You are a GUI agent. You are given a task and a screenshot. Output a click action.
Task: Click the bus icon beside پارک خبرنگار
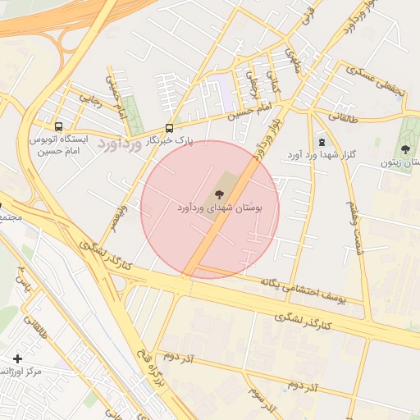170,128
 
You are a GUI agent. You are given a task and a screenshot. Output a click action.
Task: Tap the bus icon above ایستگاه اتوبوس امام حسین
57,127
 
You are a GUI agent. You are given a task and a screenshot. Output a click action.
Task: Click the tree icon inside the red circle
219,194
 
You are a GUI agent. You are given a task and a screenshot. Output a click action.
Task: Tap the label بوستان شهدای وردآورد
219,208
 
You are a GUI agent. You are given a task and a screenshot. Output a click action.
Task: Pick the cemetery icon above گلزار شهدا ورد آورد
321,141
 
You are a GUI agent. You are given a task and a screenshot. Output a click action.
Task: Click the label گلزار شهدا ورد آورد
319,154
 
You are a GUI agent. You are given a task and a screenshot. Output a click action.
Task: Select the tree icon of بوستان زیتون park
405,149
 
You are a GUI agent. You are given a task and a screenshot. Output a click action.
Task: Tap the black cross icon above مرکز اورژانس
18,358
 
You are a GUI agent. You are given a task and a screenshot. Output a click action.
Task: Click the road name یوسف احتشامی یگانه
302,290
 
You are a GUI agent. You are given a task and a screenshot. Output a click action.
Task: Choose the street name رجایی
90,100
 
